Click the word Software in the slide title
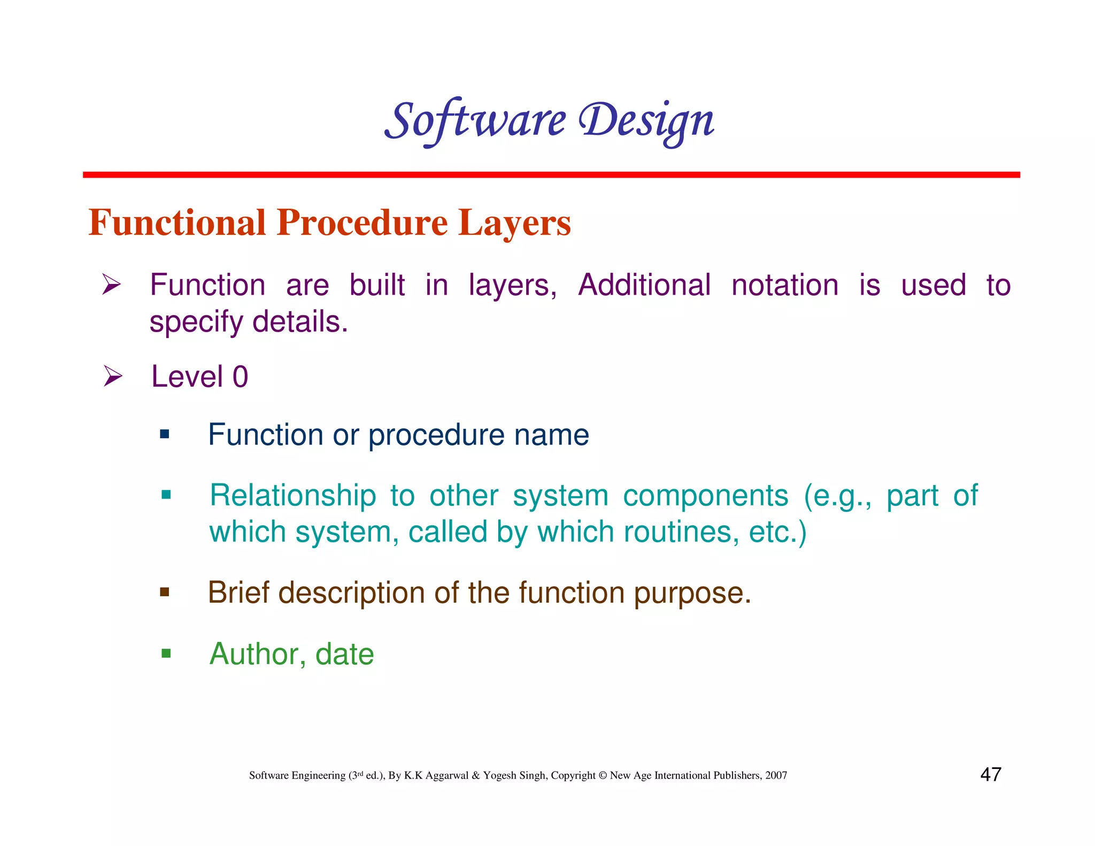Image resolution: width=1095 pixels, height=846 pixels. (x=475, y=120)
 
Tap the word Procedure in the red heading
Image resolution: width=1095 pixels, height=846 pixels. (x=362, y=222)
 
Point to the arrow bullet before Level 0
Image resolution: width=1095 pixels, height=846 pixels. (x=112, y=376)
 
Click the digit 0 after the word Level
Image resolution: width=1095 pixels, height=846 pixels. (x=240, y=376)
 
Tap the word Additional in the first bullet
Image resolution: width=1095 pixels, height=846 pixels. (x=644, y=284)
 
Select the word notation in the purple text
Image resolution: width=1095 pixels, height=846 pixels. (x=784, y=284)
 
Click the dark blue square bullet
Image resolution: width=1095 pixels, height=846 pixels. (x=165, y=434)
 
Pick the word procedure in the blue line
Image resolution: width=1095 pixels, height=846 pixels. (x=436, y=435)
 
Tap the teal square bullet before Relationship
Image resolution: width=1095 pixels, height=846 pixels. (x=166, y=495)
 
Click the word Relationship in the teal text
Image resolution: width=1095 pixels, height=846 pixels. (x=292, y=495)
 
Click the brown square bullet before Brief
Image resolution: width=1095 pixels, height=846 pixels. (x=165, y=592)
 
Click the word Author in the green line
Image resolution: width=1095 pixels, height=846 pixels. (x=254, y=653)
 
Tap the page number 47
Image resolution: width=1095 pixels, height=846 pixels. (x=990, y=774)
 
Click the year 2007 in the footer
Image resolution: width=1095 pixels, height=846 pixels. (x=776, y=775)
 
